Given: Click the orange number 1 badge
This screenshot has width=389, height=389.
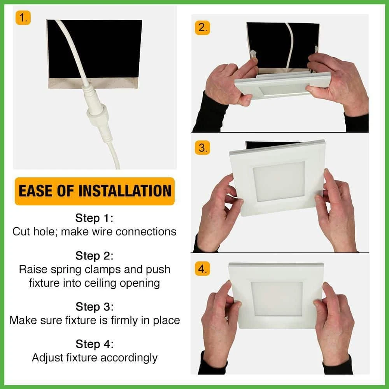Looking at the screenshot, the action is pos(23,18).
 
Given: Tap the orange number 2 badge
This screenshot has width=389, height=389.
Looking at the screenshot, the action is pos(202,27).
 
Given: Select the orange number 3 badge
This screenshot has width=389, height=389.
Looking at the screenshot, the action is pos(202,148).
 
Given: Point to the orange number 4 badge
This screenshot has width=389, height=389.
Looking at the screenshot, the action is pos(202,269).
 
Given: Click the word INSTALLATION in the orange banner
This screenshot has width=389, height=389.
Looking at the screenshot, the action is pos(125,191).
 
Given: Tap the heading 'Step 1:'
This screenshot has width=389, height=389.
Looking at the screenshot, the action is pos(94,218).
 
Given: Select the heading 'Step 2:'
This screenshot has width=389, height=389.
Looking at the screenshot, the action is pos(94,256).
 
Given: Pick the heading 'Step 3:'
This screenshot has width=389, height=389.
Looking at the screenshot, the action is pos(95,307).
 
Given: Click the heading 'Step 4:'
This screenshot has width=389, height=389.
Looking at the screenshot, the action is pos(95,344).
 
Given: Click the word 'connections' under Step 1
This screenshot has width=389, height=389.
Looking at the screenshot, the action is pos(146,232).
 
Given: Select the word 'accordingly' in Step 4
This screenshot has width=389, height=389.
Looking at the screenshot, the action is pos(129,358).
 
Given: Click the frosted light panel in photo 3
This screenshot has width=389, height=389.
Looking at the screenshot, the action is pos(279,182).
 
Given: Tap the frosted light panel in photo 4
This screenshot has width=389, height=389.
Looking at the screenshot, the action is pos(277,299).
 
